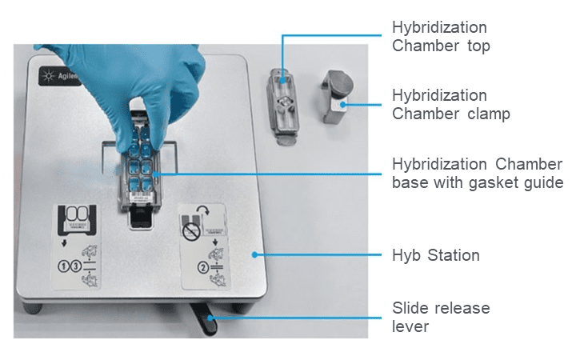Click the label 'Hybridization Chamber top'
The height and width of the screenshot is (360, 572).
tap(441, 37)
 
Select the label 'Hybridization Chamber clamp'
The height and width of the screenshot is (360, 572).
tap(451, 104)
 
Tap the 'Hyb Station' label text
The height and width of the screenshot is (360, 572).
tap(435, 255)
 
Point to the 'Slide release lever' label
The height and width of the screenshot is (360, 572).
tap(441, 317)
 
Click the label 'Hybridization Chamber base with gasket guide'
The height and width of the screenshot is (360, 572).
tap(478, 174)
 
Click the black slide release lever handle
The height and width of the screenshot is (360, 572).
tap(203, 318)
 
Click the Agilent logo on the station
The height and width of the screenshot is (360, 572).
tap(58, 76)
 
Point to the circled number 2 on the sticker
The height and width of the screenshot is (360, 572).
tap(203, 268)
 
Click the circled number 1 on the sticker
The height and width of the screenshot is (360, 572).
tap(63, 266)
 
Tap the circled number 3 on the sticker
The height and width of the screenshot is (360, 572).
tap(75, 266)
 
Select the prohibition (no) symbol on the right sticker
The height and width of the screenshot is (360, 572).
tap(191, 232)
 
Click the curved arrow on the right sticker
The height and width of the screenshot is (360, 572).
tap(203, 210)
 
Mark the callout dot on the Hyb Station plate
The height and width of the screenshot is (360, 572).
tap(254, 255)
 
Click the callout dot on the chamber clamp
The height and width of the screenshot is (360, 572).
tap(342, 105)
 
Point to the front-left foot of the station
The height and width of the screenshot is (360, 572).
tap(33, 307)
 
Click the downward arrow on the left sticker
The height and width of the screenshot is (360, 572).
tap(64, 242)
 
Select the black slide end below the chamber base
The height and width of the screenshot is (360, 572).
tap(141, 218)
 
